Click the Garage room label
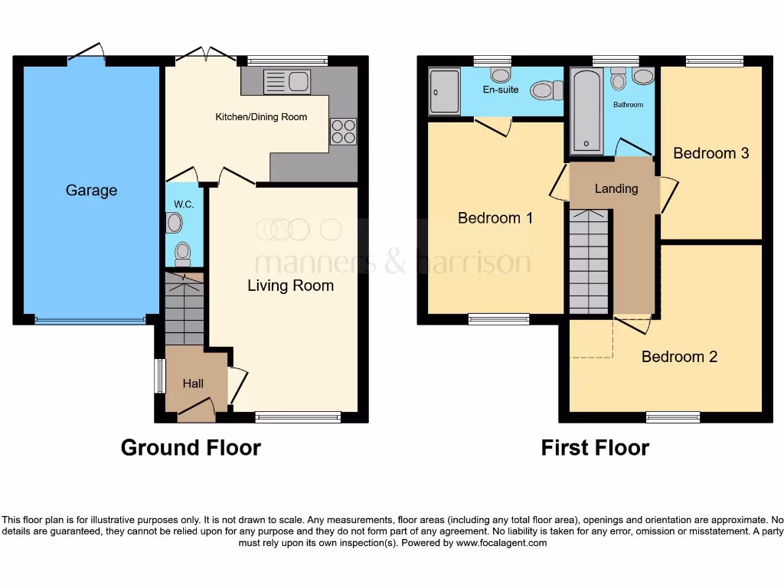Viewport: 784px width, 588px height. click(x=91, y=191)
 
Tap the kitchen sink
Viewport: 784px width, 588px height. click(x=287, y=81)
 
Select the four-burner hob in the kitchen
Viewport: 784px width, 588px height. click(x=343, y=131)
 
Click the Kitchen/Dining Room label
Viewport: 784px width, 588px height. click(x=260, y=117)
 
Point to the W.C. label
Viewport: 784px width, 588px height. click(x=183, y=204)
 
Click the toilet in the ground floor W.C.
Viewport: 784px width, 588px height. click(x=183, y=252)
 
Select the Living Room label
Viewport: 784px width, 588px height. click(x=290, y=286)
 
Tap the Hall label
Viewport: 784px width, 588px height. click(x=193, y=383)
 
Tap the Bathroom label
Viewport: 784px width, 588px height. click(x=628, y=104)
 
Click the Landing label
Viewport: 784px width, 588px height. click(x=616, y=188)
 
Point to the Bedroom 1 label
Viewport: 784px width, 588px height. click(x=495, y=218)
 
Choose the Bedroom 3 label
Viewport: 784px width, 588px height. click(x=710, y=153)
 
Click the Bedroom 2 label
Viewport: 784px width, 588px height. click(x=679, y=357)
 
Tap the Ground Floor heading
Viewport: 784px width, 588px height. click(x=191, y=448)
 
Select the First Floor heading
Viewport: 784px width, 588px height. click(x=595, y=448)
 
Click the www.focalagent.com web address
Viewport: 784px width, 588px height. click(x=501, y=543)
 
